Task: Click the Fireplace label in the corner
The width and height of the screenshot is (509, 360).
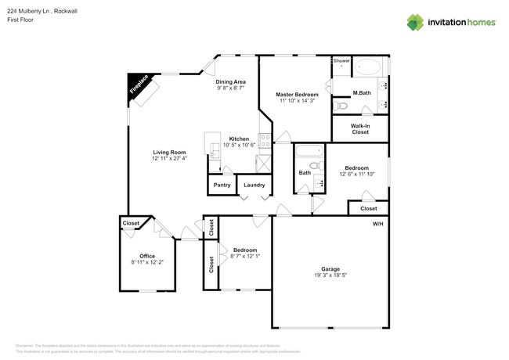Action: pos(139,86)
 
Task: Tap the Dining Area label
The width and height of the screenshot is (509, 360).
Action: pos(231,81)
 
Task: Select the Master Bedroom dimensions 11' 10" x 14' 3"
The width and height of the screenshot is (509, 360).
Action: pos(295,101)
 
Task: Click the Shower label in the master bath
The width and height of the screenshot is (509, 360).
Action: pos(341,60)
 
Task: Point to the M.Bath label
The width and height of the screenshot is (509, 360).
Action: pos(361,93)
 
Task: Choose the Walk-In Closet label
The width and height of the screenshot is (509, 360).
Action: pos(359,129)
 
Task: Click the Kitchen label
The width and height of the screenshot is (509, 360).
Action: pos(239,139)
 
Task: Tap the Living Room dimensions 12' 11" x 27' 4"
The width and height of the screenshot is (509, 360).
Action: pos(169,159)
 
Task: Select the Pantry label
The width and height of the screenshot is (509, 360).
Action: pos(222,185)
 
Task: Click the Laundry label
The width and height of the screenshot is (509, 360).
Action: pos(254,185)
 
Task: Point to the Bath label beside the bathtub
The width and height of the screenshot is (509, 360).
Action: pos(304,173)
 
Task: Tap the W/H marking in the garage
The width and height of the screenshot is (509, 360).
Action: pos(377,224)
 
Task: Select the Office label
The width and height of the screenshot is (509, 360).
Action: pos(147,256)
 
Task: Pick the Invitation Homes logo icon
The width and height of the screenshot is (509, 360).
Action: pos(416,22)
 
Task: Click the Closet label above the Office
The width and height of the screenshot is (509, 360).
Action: pos(131,224)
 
